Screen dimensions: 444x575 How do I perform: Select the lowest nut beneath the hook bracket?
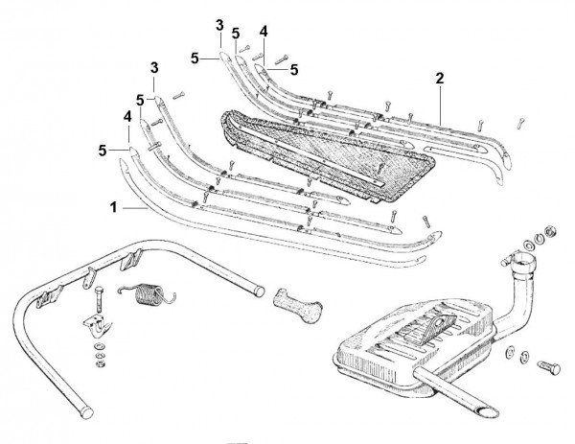[x=100, y=363]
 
